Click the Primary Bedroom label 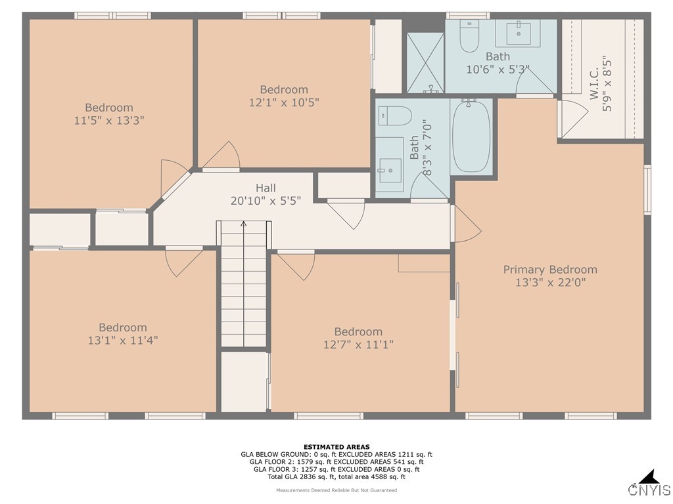pyautogui.click(x=550, y=269)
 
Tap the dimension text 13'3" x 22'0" pyautogui.click(x=550, y=283)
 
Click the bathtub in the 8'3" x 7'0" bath pyautogui.click(x=471, y=136)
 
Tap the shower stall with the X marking pyautogui.click(x=425, y=62)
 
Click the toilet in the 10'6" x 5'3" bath pyautogui.click(x=469, y=37)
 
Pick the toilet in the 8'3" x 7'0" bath pyautogui.click(x=394, y=115)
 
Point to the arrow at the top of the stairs pyautogui.click(x=244, y=225)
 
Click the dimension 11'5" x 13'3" pyautogui.click(x=109, y=121)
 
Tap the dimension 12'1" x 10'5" pyautogui.click(x=284, y=102)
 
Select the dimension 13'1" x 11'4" pyautogui.click(x=123, y=341)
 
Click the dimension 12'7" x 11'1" pyautogui.click(x=358, y=345)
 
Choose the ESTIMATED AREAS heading pyautogui.click(x=336, y=447)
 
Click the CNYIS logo pyautogui.click(x=649, y=485)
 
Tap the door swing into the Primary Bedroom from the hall pyautogui.click(x=465, y=224)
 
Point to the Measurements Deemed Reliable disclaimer pyautogui.click(x=336, y=490)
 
